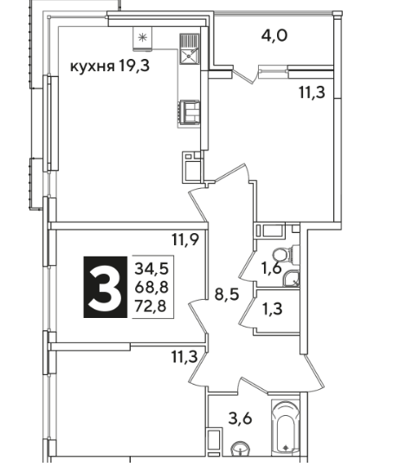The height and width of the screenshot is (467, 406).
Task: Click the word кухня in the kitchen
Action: pyautogui.click(x=92, y=66)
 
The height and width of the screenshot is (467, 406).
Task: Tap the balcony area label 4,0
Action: pyautogui.click(x=274, y=36)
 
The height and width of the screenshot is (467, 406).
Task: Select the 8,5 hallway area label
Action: pyautogui.click(x=227, y=295)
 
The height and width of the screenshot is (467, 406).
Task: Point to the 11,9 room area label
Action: pyautogui.click(x=185, y=239)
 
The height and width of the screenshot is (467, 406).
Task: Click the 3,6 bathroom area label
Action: pyautogui.click(x=240, y=418)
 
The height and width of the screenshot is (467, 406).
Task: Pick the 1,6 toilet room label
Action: pyautogui.click(x=272, y=269)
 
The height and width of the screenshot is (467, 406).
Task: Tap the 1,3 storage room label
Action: pyautogui.click(x=273, y=308)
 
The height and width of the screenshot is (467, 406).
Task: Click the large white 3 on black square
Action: pyautogui.click(x=106, y=287)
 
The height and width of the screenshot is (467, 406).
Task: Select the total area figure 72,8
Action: pyautogui.click(x=151, y=306)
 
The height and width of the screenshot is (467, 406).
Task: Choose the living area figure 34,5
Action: pyautogui.click(x=151, y=269)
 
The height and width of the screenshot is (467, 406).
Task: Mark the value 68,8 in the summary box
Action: pyautogui.click(x=151, y=287)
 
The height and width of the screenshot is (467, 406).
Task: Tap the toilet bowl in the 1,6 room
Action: pyautogui.click(x=282, y=255)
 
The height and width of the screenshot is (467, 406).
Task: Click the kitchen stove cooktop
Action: pyautogui.click(x=189, y=112)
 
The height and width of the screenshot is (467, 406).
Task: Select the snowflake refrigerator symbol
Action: pyautogui.click(x=143, y=37)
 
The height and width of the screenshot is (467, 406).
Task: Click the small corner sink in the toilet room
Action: pyautogui.click(x=292, y=279)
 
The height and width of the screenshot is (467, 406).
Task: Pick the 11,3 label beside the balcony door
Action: pyautogui.click(x=312, y=93)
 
